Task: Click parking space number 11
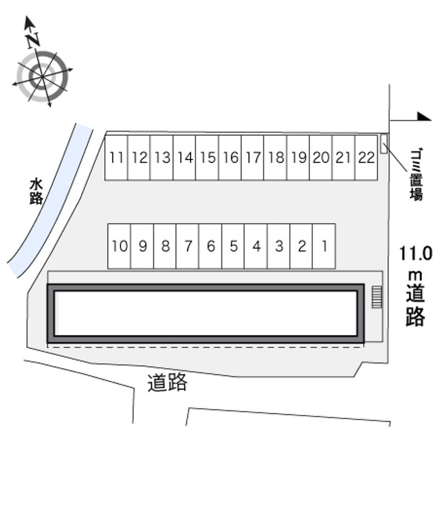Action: tap(116, 158)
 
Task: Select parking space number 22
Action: tap(366, 158)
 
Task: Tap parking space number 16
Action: tap(230, 158)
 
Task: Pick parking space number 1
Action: tap(324, 246)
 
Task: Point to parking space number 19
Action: tap(298, 158)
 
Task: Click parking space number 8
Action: tap(165, 246)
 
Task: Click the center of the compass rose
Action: tap(42, 77)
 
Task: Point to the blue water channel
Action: tap(49, 201)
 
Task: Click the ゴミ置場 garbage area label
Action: tap(417, 175)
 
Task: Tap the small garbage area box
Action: tap(384, 143)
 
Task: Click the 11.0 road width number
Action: tap(415, 254)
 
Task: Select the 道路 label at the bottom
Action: tap(167, 382)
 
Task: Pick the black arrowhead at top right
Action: tap(424, 116)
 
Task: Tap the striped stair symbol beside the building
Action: tap(377, 297)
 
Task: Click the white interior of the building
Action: tap(206, 313)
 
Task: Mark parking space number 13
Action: tap(161, 158)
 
